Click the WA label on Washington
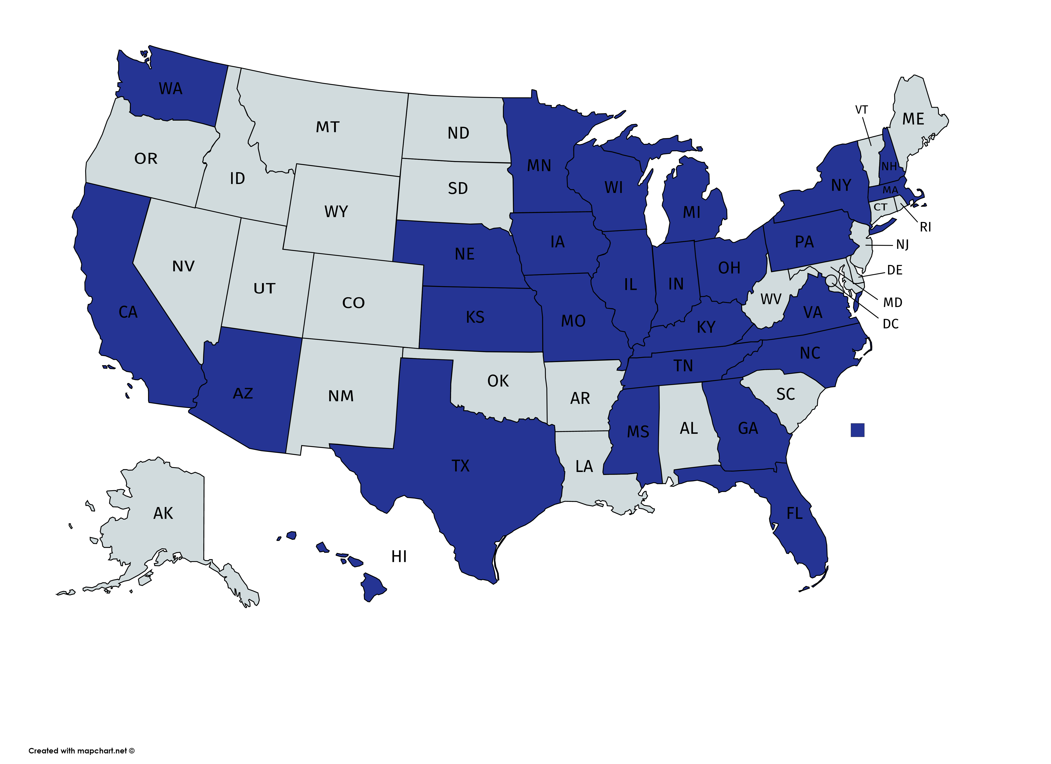[x=171, y=89]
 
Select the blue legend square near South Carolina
[x=857, y=430]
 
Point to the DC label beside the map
[x=890, y=324]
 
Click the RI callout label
[x=925, y=227]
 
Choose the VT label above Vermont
[x=861, y=110]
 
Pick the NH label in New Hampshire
[x=889, y=166]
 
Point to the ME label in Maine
[x=913, y=119]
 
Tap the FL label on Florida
[x=794, y=513]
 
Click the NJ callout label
[x=902, y=245]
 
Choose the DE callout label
[x=894, y=270]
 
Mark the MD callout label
[x=892, y=303]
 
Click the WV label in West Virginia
[x=771, y=299]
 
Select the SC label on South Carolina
[x=786, y=394]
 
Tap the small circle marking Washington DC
[x=831, y=279]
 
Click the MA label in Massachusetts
[x=890, y=190]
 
